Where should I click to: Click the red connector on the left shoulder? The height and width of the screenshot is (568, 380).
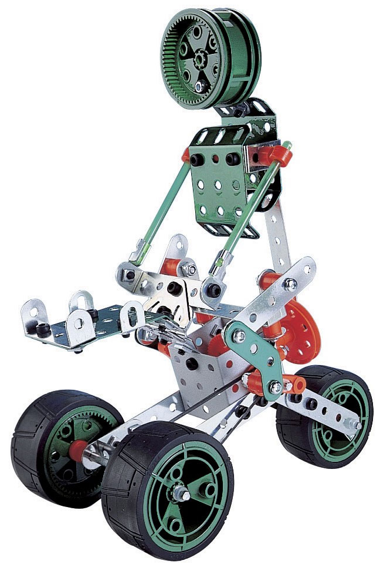point(186,155)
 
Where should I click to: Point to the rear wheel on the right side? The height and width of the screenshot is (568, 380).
point(328,416)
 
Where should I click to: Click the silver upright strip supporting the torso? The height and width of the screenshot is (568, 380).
point(276,234)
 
